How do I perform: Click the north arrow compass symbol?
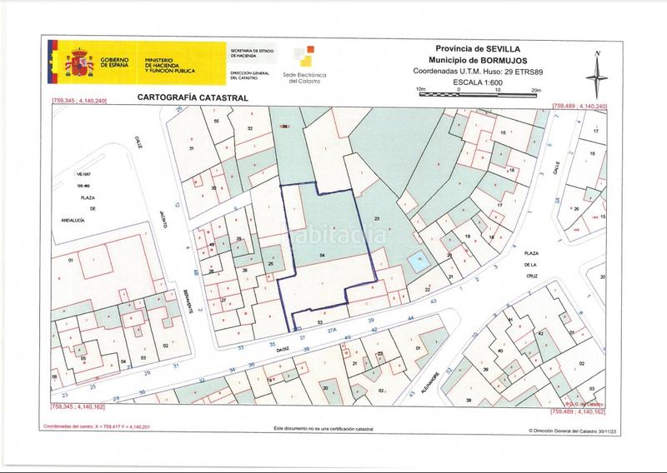click(597, 76)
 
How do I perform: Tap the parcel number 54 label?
click(322, 252)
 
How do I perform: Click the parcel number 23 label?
click(377, 219)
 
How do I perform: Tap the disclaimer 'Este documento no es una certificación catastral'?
click(324, 430)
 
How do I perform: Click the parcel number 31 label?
click(192, 147)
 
